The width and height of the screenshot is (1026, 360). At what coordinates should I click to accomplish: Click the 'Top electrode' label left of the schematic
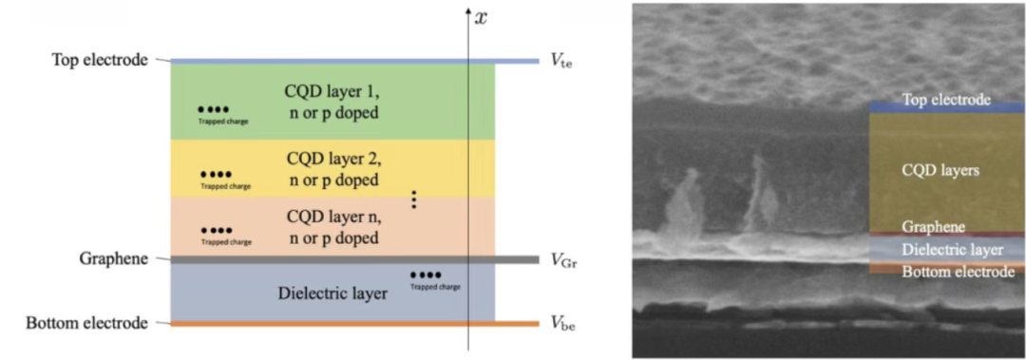[100, 60]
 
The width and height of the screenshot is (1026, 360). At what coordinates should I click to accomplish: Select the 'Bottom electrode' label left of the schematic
[87, 323]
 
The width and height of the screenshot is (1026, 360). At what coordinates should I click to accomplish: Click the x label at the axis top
[481, 18]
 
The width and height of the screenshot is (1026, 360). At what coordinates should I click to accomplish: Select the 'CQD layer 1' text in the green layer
[332, 90]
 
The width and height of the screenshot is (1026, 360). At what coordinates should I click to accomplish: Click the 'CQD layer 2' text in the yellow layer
[333, 158]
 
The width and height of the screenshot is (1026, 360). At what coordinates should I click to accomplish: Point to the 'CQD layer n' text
[332, 216]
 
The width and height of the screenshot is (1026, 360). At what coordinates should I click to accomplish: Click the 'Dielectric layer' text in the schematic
[332, 294]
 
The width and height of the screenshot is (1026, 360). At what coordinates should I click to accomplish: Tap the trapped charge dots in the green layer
[214, 109]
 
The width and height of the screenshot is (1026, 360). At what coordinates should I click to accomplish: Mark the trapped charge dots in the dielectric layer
[426, 275]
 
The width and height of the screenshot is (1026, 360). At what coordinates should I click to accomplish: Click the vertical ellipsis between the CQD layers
[413, 199]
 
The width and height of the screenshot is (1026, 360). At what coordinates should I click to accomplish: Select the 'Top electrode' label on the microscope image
[945, 101]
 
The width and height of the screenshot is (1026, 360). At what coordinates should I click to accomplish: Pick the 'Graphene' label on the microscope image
[933, 227]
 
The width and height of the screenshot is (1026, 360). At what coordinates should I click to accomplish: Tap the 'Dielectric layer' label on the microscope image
[952, 250]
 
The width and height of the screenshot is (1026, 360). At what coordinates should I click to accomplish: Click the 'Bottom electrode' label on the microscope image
[958, 272]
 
